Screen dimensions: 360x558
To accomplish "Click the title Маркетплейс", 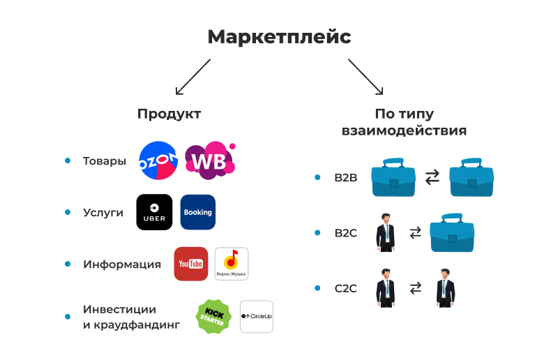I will point(279,37).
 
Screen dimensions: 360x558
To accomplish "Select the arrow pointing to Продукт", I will point(193,76).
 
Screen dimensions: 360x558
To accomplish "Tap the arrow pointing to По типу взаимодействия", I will point(365,76).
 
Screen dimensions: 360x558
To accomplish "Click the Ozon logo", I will point(158,161).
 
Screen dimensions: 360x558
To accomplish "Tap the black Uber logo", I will point(154,212).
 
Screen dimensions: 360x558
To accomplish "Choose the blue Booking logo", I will point(197,212).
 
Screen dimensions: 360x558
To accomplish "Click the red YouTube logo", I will point(190,264).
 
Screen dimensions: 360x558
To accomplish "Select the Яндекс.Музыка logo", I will point(232,264).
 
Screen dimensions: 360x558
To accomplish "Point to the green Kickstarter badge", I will point(213,317).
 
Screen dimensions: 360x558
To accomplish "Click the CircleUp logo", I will point(256,317).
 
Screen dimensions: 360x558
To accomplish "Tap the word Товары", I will point(105,161).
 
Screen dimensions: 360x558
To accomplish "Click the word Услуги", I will point(103,212).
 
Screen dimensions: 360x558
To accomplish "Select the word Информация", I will point(122,264).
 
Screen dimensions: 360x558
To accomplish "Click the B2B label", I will point(345,178).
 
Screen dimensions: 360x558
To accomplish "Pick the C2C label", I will point(345,287).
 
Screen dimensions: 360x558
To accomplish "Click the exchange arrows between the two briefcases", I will point(432,177).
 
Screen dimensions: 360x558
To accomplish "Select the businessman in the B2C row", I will point(385,233).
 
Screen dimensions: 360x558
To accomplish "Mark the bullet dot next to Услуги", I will point(68,212).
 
